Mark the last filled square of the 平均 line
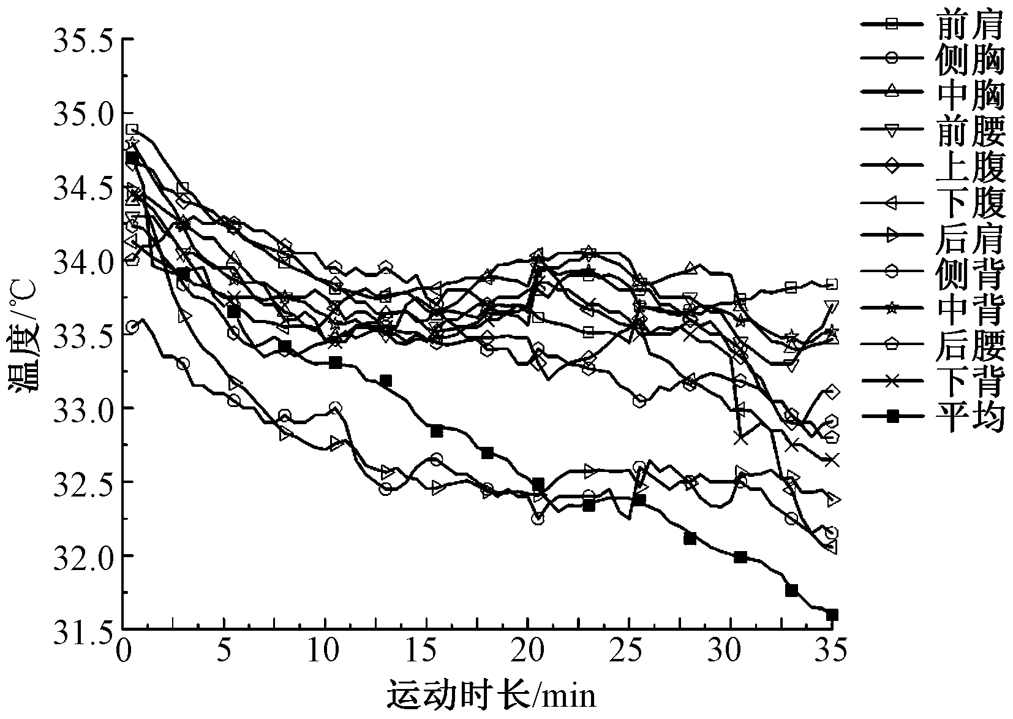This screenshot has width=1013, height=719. click(832, 615)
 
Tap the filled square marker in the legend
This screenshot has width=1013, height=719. click(893, 417)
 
